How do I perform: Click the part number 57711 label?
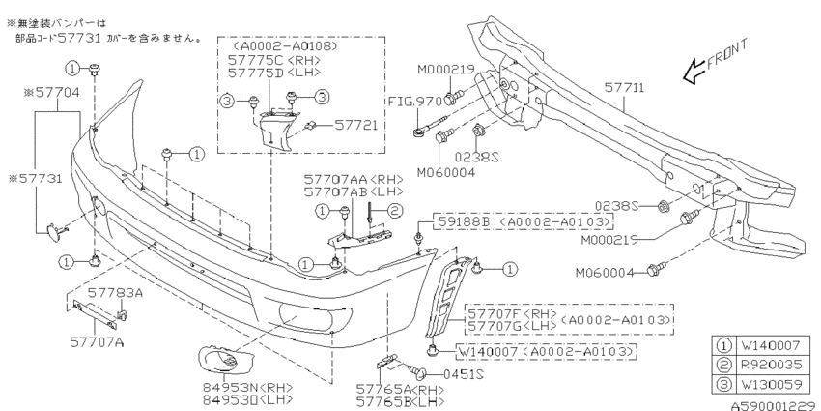tap(624, 87)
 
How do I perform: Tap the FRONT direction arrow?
tap(694, 73)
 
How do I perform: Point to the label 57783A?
tap(115, 292)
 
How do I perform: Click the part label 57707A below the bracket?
tap(97, 343)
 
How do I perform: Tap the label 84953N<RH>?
tap(247, 389)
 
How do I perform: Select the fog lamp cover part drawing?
tap(227, 359)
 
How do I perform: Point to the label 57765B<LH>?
tap(400, 402)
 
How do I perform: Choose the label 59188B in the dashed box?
tap(463, 222)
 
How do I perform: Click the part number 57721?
tap(356, 125)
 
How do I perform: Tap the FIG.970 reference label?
tap(415, 102)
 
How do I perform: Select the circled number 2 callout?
tap(395, 211)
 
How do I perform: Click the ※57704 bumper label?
tap(52, 93)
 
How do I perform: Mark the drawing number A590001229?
tap(776, 405)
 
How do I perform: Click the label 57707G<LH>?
tap(512, 326)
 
